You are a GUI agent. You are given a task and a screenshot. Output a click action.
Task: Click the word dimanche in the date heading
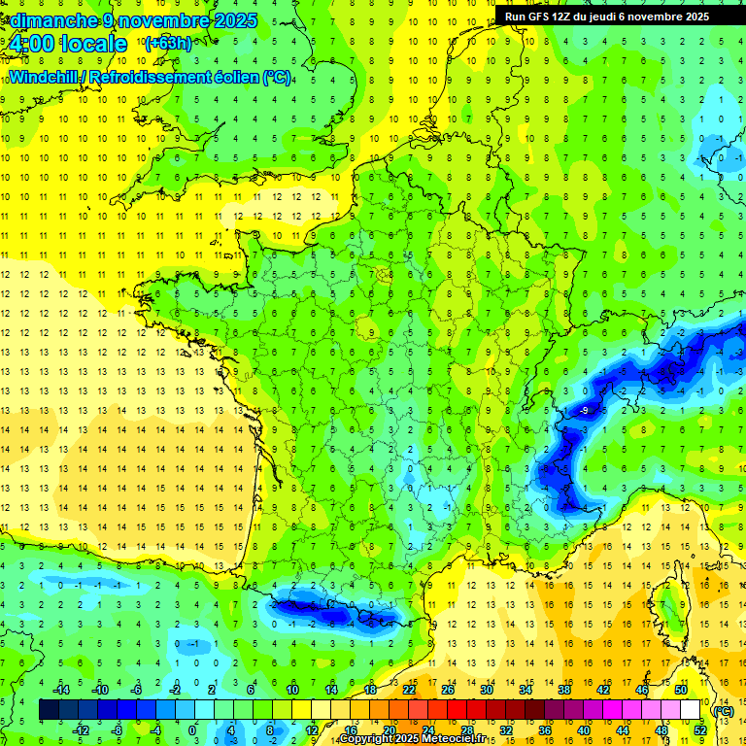[50, 20]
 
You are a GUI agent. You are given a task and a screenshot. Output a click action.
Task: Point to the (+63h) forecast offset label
[168, 44]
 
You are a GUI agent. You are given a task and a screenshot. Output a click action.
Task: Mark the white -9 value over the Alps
[584, 412]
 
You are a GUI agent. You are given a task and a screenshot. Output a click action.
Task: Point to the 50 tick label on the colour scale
[681, 690]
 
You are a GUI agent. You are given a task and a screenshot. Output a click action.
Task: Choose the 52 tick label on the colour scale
[700, 730]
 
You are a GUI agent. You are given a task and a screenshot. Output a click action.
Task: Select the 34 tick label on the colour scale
[526, 690]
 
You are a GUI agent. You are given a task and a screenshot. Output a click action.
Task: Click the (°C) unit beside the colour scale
[724, 711]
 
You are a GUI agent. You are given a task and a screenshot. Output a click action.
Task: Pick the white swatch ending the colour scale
[691, 710]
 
